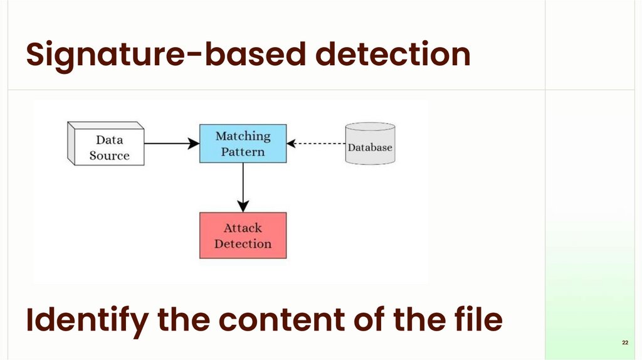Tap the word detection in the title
(393, 54)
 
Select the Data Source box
(105, 144)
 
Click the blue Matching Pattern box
(243, 144)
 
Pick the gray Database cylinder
(370, 144)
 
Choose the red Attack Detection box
(243, 235)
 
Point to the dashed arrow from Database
(316, 144)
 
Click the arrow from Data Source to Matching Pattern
(172, 144)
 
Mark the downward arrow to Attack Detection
(243, 188)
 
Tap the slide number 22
(625, 342)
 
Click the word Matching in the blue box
(243, 136)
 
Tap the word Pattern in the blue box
(243, 152)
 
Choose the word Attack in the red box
(243, 228)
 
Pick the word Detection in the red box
(243, 244)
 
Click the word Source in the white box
(109, 156)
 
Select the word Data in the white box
(109, 140)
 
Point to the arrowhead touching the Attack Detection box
(243, 206)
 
